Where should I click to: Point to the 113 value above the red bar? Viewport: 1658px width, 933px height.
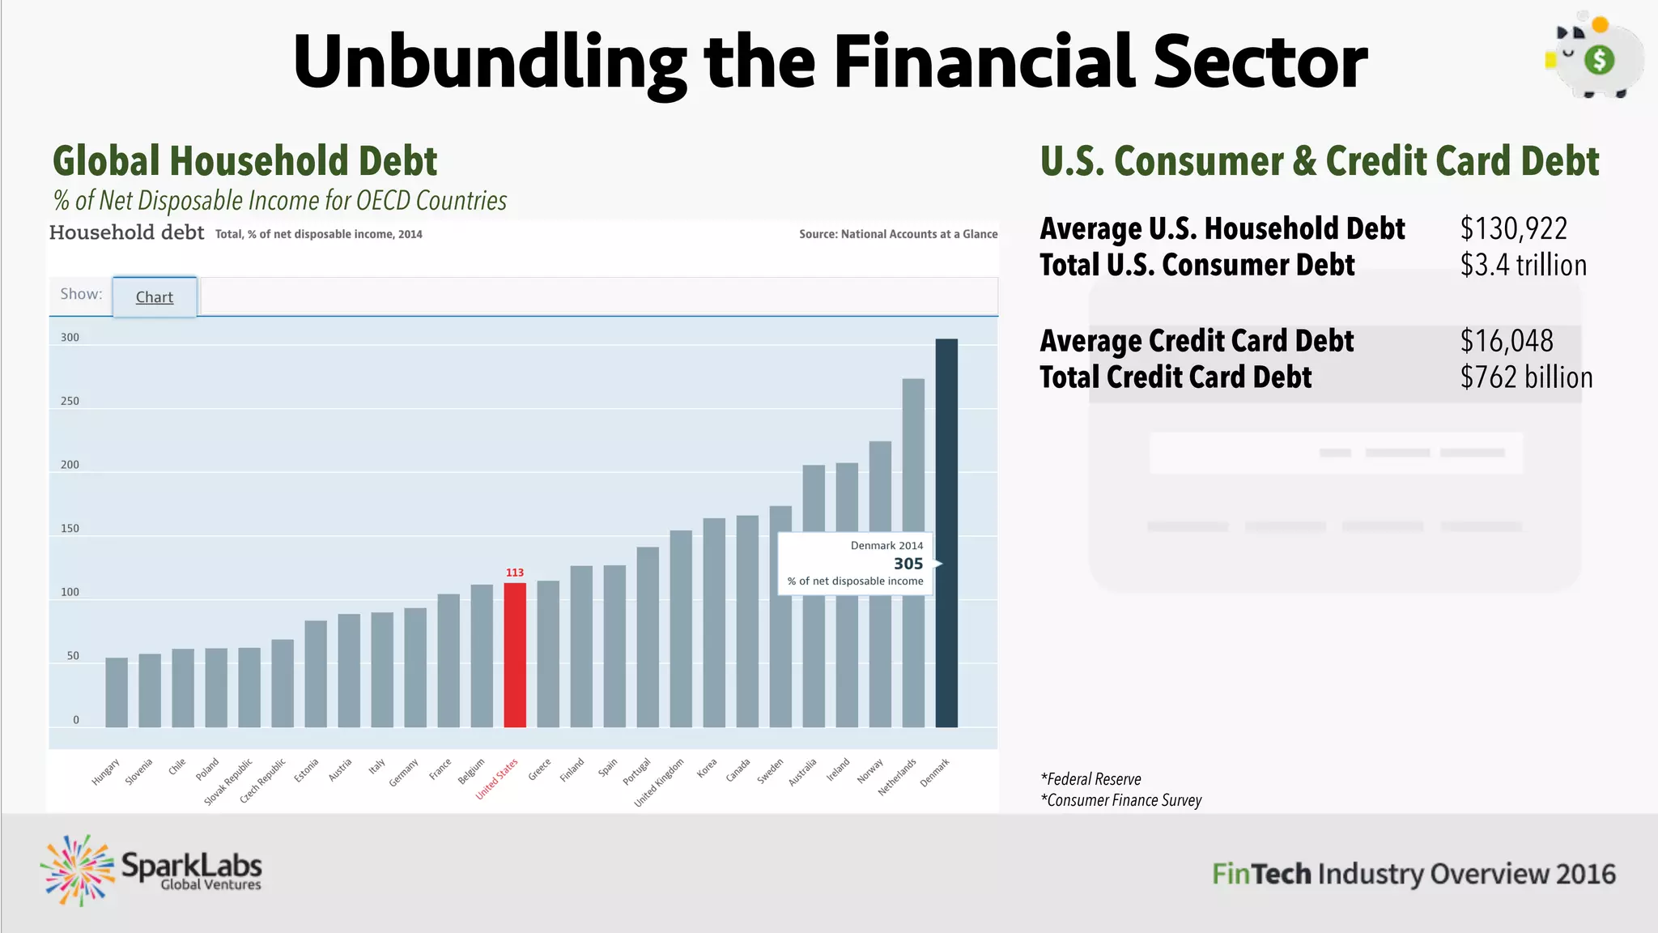515,573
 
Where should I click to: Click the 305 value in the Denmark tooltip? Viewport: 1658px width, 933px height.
908,564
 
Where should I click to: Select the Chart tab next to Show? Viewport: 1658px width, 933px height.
155,297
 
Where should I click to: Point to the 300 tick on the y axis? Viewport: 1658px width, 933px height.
70,338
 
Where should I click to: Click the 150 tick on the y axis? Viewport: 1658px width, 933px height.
70,529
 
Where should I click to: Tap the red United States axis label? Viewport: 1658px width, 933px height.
497,778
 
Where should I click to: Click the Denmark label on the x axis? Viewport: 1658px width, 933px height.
935,773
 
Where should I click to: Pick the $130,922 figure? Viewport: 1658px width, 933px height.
1513,229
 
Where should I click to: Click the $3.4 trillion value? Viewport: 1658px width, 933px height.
1523,266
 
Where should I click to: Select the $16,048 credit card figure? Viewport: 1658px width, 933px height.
1507,341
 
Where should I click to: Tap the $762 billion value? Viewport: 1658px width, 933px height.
1526,377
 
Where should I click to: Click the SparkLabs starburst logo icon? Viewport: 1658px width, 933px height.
78,870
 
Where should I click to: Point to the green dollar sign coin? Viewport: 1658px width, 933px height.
1599,60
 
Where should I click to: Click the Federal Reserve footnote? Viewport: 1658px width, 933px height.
1091,779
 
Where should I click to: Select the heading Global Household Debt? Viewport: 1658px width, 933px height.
244,160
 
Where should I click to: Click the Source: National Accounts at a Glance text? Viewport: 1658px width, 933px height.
898,234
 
